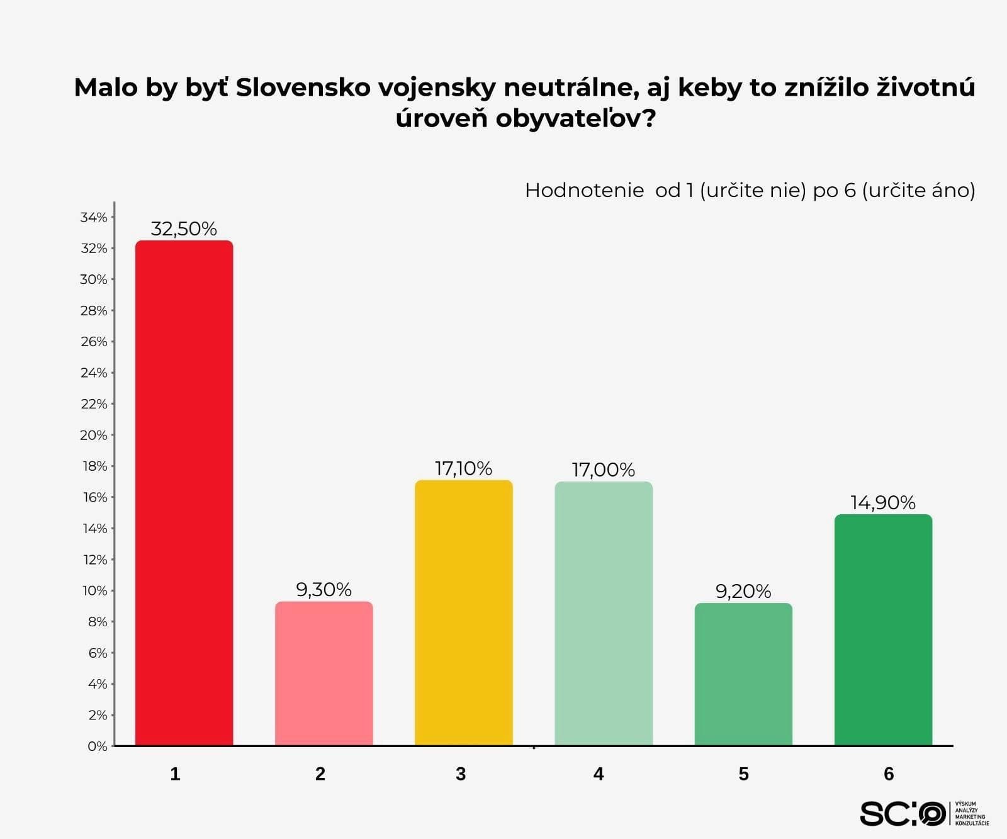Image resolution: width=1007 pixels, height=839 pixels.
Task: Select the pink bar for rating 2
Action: click(x=323, y=673)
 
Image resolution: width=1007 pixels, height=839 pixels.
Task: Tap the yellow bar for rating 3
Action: click(x=463, y=613)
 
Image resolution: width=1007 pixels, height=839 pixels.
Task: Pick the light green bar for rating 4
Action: click(x=603, y=614)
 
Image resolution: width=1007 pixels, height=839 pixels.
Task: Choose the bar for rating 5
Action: click(x=743, y=674)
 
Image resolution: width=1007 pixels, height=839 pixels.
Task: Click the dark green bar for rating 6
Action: click(x=883, y=630)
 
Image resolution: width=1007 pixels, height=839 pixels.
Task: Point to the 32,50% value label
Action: click(x=184, y=228)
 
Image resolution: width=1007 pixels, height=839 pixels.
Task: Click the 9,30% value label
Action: click(x=323, y=590)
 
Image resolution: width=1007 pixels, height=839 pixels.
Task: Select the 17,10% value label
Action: click(x=463, y=468)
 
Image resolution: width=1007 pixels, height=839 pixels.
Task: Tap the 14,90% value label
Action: click(x=883, y=502)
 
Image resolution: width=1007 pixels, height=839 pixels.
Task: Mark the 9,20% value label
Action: click(x=743, y=591)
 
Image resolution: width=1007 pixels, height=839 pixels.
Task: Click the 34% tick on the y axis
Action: click(x=94, y=217)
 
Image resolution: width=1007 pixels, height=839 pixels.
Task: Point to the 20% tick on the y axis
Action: click(x=94, y=435)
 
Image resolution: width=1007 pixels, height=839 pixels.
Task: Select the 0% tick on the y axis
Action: click(x=98, y=746)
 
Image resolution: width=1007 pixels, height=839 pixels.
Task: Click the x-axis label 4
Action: click(x=599, y=774)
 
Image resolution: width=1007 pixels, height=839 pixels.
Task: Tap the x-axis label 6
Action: click(x=889, y=774)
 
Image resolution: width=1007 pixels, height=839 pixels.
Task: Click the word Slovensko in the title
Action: click(x=303, y=87)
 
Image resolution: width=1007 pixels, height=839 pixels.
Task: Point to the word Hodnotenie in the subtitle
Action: click(x=584, y=190)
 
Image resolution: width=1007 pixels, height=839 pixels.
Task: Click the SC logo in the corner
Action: click(x=903, y=814)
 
